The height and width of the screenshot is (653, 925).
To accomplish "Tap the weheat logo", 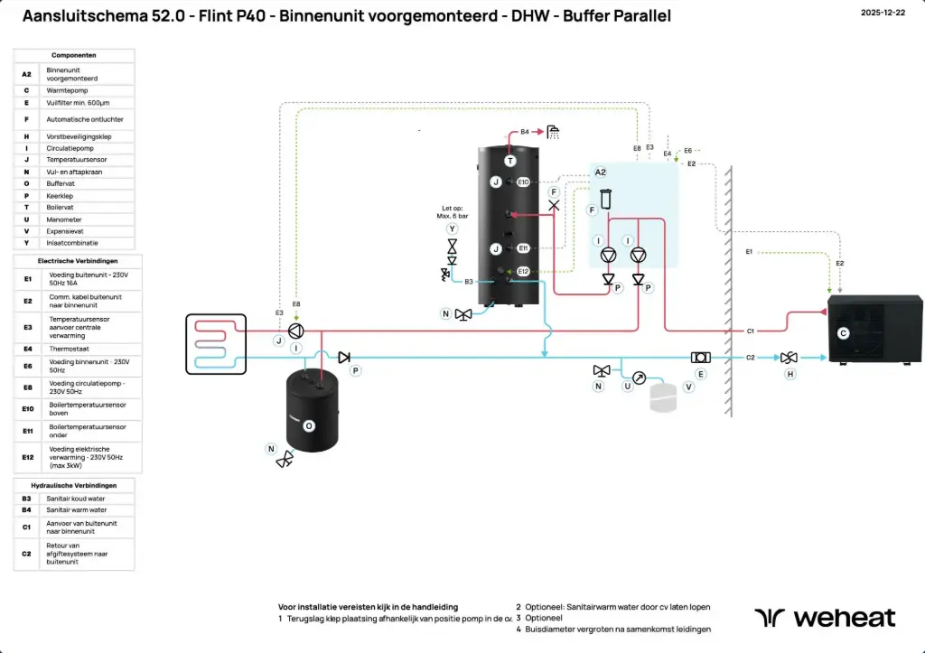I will (x=825, y=618).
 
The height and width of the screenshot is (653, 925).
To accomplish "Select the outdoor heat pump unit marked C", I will (x=874, y=330).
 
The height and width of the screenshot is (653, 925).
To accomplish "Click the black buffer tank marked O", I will (x=312, y=411).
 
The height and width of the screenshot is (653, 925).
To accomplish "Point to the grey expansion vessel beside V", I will (x=663, y=398).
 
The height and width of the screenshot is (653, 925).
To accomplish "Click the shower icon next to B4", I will (x=552, y=132).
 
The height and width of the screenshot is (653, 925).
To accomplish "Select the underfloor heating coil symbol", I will (x=215, y=343).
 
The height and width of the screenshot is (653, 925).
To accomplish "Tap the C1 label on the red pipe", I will (x=750, y=331).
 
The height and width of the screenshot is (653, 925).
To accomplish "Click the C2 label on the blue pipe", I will (x=750, y=358).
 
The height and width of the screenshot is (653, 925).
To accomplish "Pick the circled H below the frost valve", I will (x=790, y=374).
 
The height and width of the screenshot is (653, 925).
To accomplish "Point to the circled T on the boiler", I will (x=509, y=161).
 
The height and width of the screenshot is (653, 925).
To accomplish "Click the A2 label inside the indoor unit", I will (x=601, y=172).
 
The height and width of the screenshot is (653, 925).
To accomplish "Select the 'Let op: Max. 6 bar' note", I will (x=452, y=213).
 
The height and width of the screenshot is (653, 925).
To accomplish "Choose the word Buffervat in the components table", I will (x=62, y=183).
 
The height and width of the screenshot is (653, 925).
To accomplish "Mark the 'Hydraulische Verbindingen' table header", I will (x=74, y=486).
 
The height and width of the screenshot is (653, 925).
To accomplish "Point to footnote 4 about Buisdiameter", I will (x=618, y=629).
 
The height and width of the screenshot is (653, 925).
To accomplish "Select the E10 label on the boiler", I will (x=524, y=182).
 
